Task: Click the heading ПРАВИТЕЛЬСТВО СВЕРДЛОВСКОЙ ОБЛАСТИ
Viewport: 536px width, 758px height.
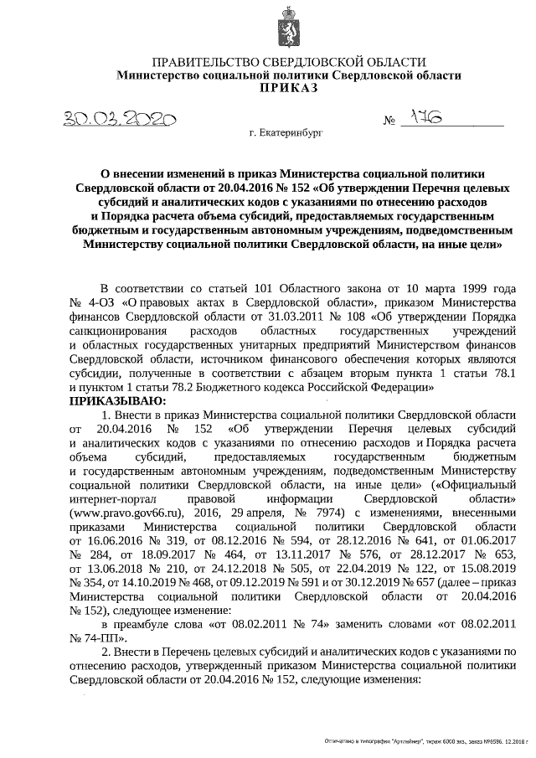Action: [288, 62]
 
